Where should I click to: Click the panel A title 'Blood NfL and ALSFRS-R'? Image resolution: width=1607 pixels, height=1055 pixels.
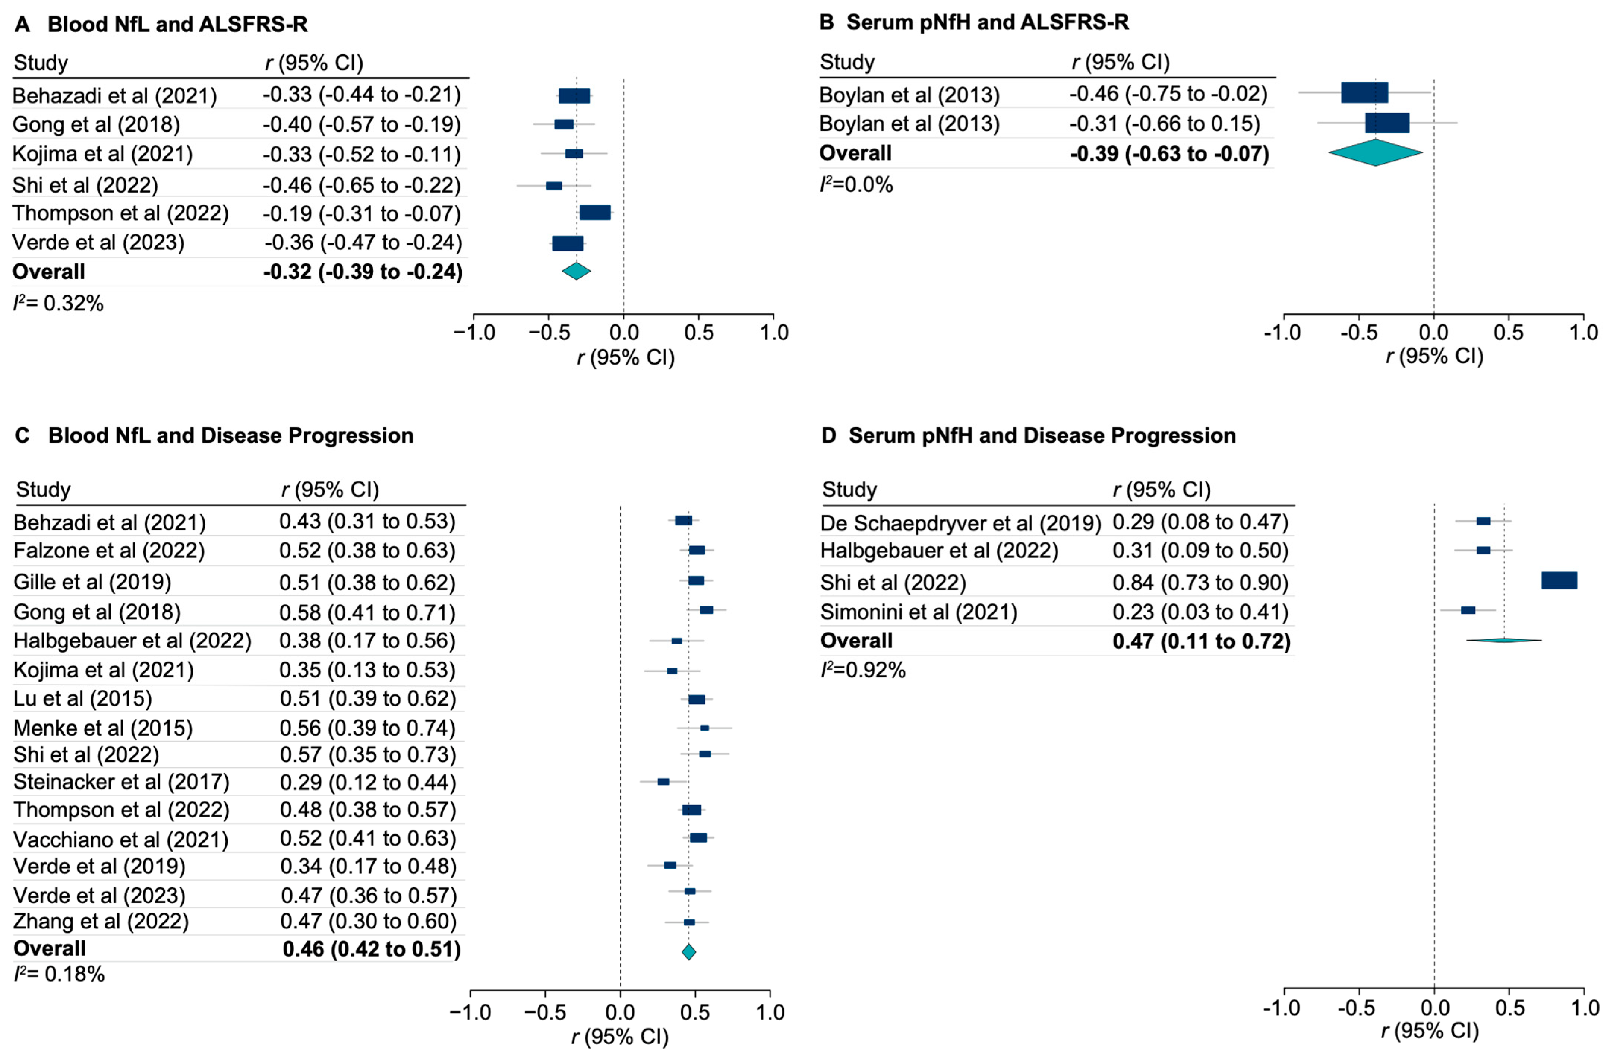click(x=177, y=24)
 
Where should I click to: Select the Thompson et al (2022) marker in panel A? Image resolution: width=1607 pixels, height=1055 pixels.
click(x=595, y=213)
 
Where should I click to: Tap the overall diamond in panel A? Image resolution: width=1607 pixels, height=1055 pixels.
click(x=576, y=271)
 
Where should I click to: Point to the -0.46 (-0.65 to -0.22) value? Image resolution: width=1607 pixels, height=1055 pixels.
click(x=362, y=185)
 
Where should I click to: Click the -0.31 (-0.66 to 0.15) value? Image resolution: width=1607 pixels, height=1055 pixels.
click(x=1165, y=124)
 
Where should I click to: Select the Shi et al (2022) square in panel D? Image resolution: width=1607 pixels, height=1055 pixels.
click(x=1559, y=580)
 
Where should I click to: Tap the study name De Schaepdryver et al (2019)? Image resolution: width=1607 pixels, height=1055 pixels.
click(x=960, y=522)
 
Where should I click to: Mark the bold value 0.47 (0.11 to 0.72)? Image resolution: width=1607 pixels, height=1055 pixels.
click(x=1201, y=640)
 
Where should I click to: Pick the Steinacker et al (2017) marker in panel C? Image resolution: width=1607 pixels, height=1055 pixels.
click(x=663, y=782)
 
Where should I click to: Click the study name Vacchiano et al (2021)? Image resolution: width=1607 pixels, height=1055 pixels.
click(x=121, y=839)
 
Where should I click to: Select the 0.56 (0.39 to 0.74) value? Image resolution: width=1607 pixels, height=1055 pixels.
click(x=367, y=728)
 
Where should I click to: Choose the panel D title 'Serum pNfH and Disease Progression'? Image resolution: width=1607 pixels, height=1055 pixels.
click(x=1042, y=435)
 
